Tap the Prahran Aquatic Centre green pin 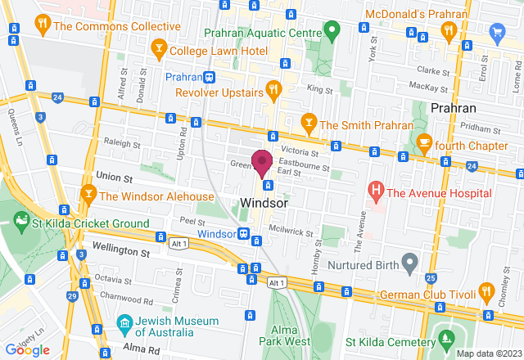tap(332, 34)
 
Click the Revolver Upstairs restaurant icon tap(274, 88)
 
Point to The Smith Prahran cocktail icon tap(309, 124)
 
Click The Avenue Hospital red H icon tap(376, 193)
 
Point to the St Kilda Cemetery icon tap(446, 339)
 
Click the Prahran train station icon tap(210, 77)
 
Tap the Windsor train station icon tap(244, 233)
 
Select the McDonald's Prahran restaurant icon tap(448, 30)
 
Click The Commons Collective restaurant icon tap(40, 25)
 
